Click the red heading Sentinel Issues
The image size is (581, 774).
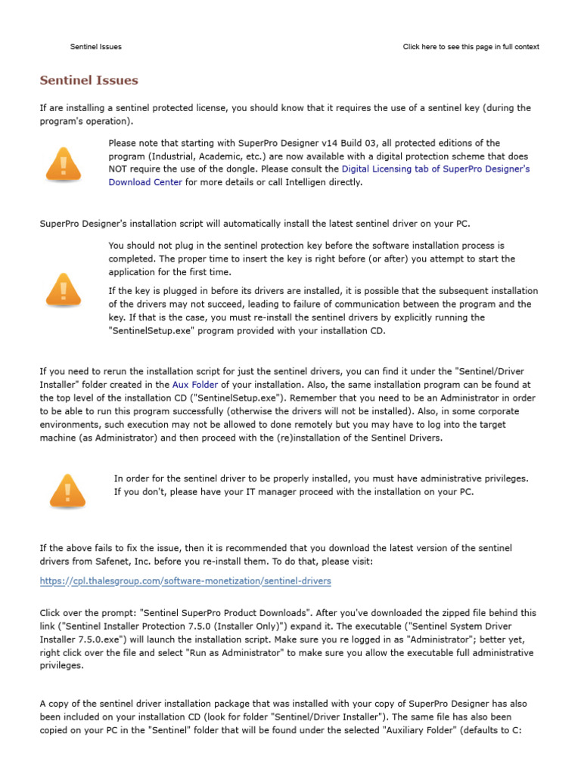pos(89,80)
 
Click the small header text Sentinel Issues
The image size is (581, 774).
pos(96,47)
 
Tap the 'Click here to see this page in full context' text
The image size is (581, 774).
pos(471,47)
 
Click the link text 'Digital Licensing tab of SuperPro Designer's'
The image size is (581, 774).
pos(436,169)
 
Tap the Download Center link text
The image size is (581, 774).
pos(145,182)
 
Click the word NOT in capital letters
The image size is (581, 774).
pos(119,169)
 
